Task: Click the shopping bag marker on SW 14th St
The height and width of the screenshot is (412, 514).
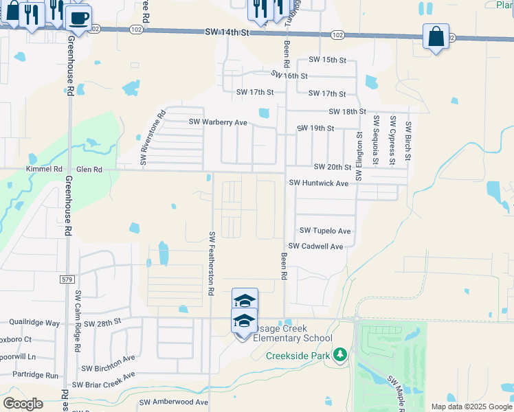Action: point(436,36)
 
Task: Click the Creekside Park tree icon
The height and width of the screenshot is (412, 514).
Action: point(339,354)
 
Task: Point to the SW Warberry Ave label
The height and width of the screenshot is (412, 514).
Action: point(218,122)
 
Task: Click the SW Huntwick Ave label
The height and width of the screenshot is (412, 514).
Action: point(319,183)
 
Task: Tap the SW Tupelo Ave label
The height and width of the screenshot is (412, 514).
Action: point(325,231)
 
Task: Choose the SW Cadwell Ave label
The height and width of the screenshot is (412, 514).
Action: point(315,246)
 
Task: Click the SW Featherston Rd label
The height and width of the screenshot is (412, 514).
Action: point(212,264)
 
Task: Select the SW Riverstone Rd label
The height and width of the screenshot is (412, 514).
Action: point(153,138)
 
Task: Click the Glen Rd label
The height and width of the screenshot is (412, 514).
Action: point(89,169)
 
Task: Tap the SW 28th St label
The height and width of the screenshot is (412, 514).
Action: point(102,321)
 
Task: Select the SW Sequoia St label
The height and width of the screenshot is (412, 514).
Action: point(376,141)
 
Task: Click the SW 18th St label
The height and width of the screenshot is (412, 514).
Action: point(347,111)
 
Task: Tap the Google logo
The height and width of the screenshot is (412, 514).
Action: point(23,403)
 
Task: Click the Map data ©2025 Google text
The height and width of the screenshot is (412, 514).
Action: point(471,407)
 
